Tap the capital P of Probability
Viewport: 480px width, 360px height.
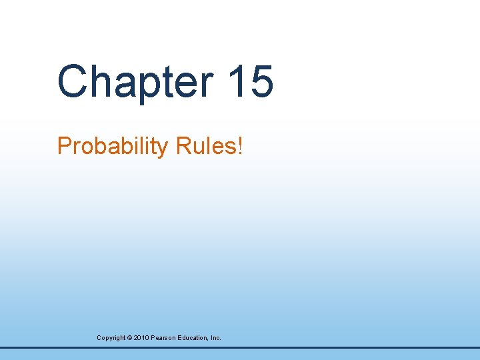(x=64, y=145)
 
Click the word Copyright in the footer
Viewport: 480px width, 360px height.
(x=111, y=338)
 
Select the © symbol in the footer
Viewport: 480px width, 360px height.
(x=129, y=338)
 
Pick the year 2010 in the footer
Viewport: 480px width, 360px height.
(x=141, y=338)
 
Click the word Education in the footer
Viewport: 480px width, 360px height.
(x=193, y=338)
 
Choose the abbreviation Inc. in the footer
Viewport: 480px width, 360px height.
(x=215, y=338)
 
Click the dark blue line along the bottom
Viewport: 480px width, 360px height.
(x=240, y=347)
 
